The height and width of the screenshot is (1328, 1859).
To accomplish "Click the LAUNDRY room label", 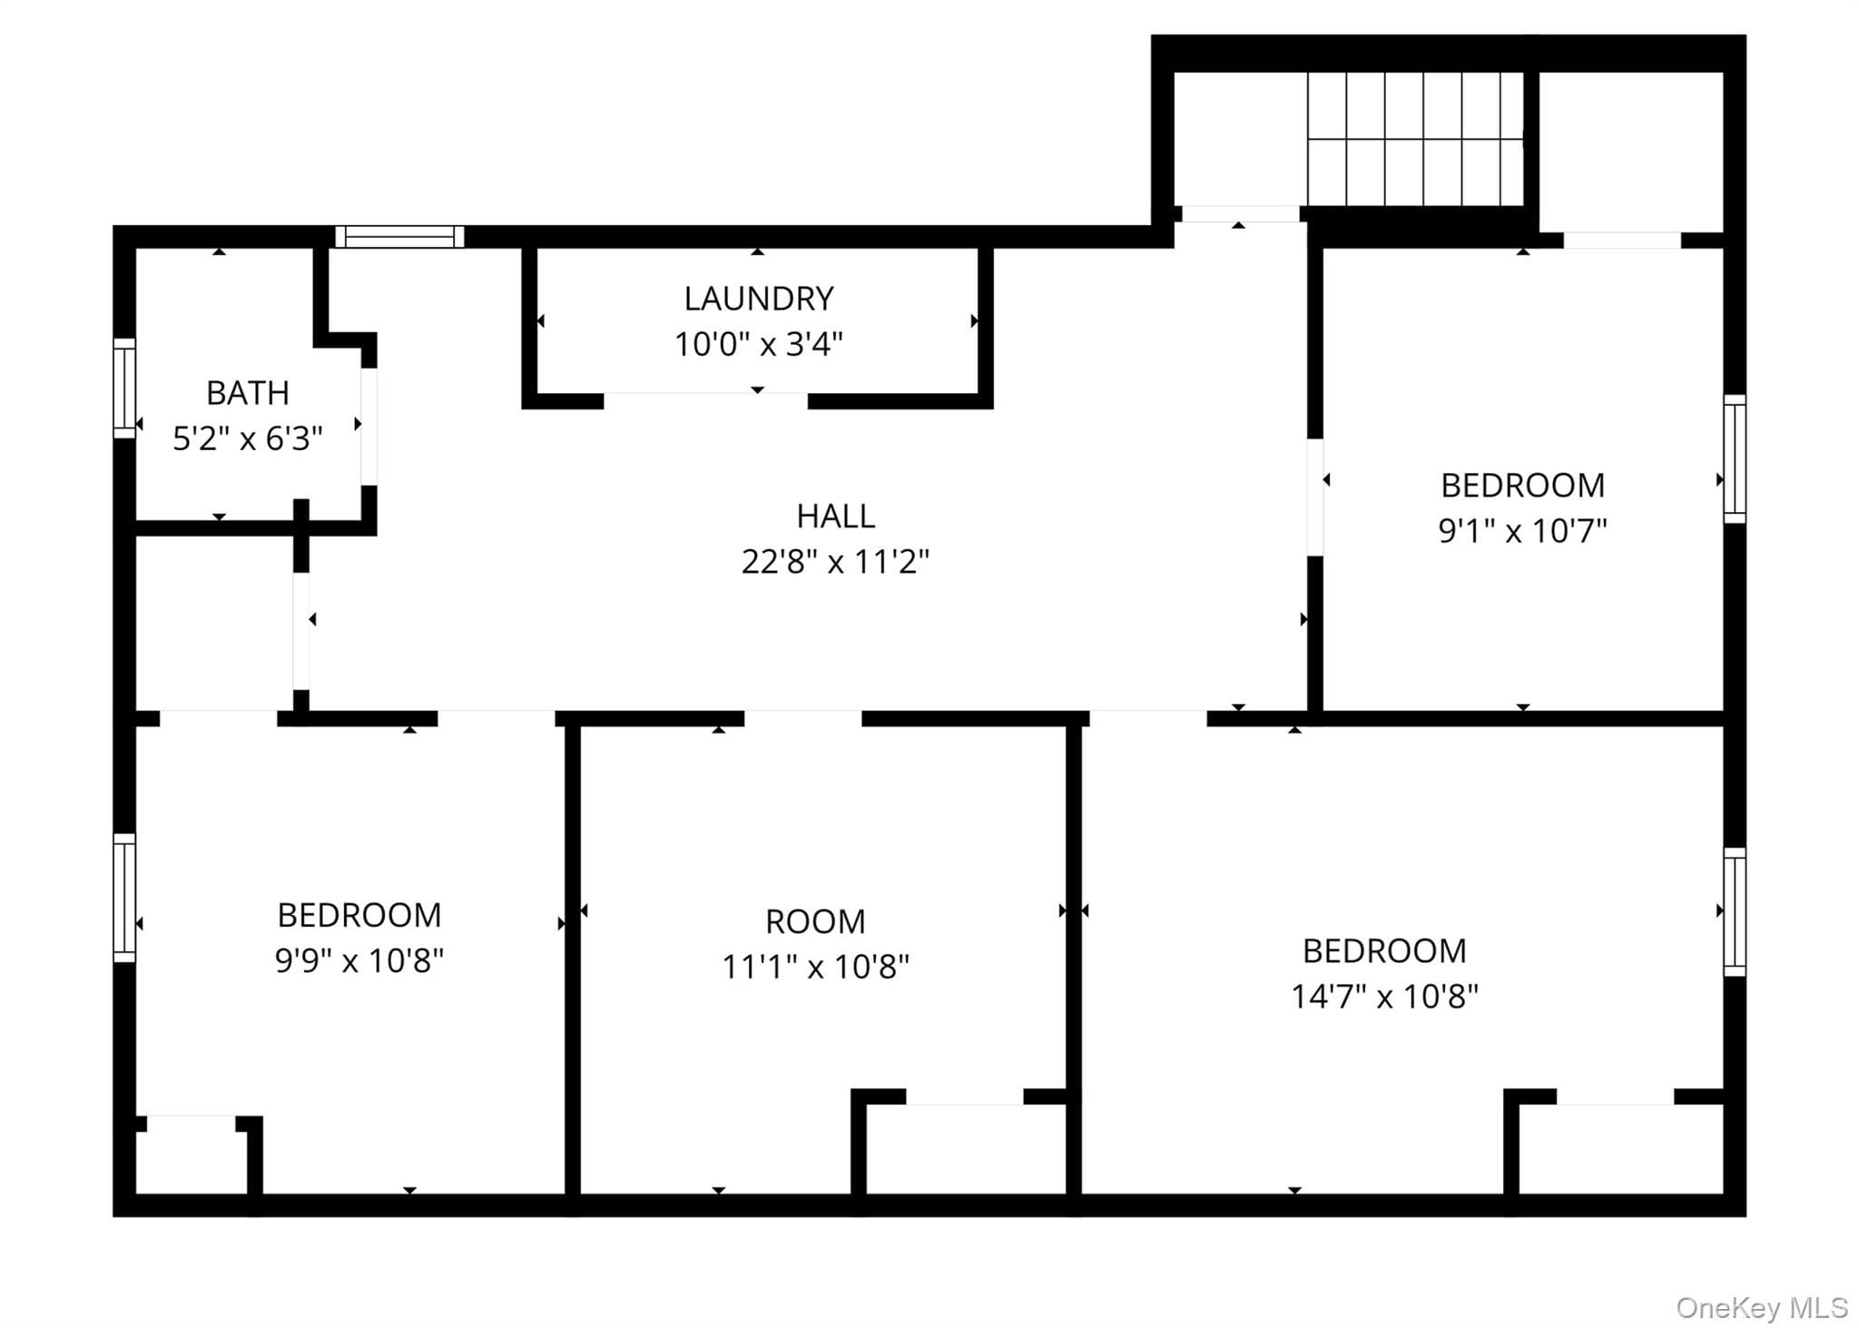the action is [759, 299].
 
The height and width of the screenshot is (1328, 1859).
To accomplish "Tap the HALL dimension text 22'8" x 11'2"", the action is [835, 562].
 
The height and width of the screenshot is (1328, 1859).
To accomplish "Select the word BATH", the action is [248, 393].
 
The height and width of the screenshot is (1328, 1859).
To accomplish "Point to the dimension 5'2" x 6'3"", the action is [248, 438].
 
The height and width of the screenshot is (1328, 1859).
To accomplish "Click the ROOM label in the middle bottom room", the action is [815, 921].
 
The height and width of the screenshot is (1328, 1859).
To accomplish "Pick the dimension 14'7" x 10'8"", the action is [1384, 996].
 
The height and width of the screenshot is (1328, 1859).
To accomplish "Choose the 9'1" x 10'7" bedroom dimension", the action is [1522, 530].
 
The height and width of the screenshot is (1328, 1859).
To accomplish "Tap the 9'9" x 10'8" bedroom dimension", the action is [359, 959].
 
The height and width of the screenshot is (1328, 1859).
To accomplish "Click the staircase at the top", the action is [1415, 139].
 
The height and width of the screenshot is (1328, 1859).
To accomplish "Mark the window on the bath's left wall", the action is [124, 389].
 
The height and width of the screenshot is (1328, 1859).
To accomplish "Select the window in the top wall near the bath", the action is [399, 237].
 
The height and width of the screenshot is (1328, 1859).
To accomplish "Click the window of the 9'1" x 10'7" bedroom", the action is [1735, 459].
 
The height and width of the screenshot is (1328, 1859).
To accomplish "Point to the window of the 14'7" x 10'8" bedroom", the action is [1735, 912].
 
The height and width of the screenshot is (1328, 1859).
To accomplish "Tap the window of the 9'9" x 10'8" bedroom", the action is [124, 898].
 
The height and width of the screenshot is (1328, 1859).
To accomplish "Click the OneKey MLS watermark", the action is [1762, 1307].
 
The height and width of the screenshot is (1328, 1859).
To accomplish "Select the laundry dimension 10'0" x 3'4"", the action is [759, 344].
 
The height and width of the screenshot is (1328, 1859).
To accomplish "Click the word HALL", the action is [835, 516].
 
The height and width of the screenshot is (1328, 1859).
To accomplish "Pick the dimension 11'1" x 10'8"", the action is [815, 967].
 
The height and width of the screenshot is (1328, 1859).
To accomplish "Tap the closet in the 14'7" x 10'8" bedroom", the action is [1621, 1148].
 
